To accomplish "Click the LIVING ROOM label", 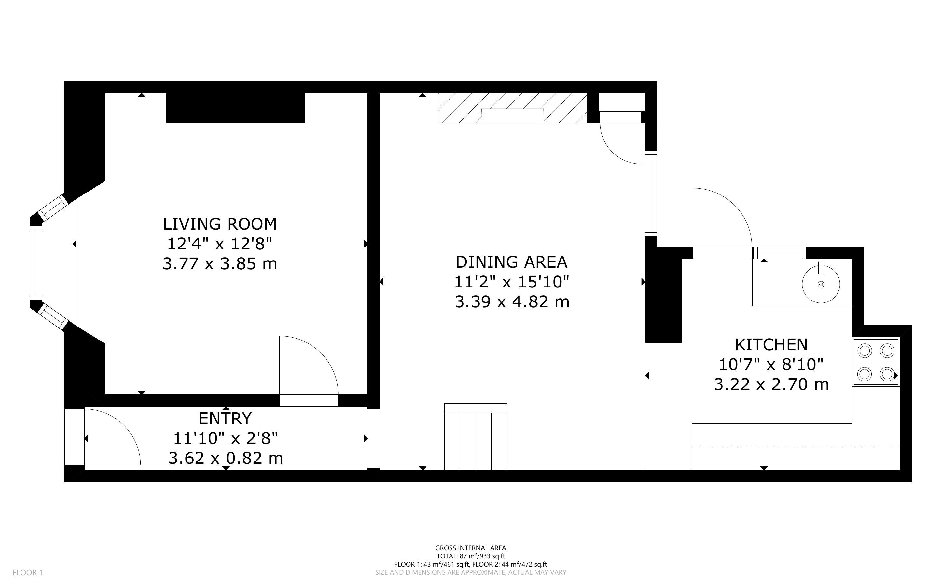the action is click(220, 224).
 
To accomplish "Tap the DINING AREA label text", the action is click(512, 262).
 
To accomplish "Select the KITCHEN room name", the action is click(771, 344).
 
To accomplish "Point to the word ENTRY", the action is click(225, 419).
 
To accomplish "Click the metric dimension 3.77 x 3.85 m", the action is click(220, 264).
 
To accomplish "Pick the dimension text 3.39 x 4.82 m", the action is click(512, 302).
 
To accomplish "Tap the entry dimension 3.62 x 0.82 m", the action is click(226, 458).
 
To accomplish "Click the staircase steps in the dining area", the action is click(476, 437).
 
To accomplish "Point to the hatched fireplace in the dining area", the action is click(512, 108).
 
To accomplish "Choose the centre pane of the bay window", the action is click(36, 262).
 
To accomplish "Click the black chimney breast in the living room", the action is click(235, 108).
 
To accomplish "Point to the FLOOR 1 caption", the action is click(28, 572).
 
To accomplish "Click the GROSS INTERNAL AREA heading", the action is click(471, 548).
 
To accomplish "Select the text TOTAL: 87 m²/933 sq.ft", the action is click(471, 556).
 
